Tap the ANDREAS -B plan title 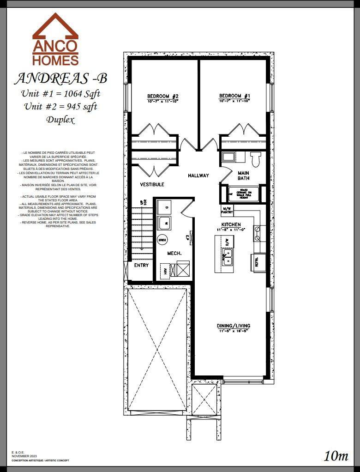[61, 79]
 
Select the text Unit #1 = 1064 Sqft [60, 94]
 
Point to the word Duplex [60, 120]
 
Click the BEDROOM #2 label [163, 97]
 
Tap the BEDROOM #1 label [234, 97]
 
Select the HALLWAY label [198, 175]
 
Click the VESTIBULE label [152, 184]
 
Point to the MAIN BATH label [243, 176]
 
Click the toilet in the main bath [255, 159]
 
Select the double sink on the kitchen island [228, 259]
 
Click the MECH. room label [174, 254]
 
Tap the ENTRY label [141, 266]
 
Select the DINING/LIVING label [233, 326]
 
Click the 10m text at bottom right [336, 456]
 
